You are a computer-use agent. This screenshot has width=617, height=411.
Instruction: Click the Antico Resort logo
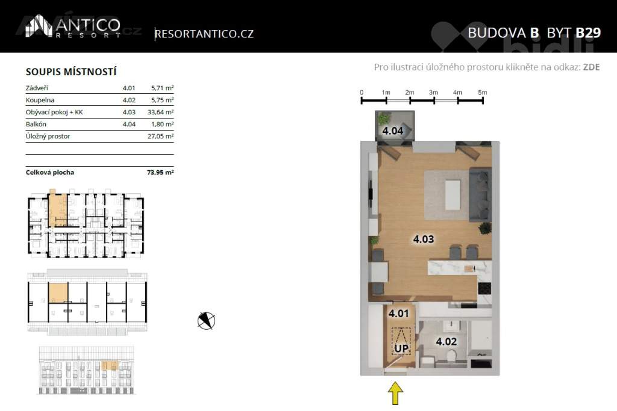tap(73, 26)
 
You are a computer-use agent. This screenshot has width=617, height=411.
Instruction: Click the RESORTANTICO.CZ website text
tap(204, 34)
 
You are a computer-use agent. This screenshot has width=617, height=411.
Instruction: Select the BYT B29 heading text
tap(574, 32)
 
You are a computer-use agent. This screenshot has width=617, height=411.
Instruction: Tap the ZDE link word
tap(591, 67)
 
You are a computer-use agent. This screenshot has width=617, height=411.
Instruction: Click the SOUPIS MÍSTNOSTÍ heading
tap(71, 72)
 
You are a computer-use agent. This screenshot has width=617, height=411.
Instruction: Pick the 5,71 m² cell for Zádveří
tap(162, 88)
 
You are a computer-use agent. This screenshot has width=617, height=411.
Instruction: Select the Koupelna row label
tap(40, 100)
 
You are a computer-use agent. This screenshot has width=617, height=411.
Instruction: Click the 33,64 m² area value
tap(160, 112)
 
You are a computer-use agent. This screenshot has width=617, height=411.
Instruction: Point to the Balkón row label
tap(36, 124)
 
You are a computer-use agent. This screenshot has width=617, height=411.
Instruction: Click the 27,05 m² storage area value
tap(160, 137)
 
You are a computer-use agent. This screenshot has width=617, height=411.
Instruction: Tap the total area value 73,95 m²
tap(160, 172)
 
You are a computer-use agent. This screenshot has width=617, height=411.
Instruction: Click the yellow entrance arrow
tap(395, 394)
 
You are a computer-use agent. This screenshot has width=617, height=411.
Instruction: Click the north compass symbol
tap(206, 321)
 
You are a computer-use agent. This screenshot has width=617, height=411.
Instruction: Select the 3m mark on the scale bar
tap(434, 93)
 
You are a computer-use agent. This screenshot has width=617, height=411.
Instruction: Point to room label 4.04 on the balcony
tap(393, 131)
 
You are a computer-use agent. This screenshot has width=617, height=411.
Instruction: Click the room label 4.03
tap(424, 239)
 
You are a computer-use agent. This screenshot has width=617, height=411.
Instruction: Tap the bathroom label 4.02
tap(446, 341)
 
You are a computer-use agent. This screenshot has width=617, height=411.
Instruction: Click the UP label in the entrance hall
tap(401, 348)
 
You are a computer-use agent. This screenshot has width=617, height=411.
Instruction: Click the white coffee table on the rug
tap(453, 195)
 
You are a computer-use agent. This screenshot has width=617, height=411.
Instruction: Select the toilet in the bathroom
tap(451, 358)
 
